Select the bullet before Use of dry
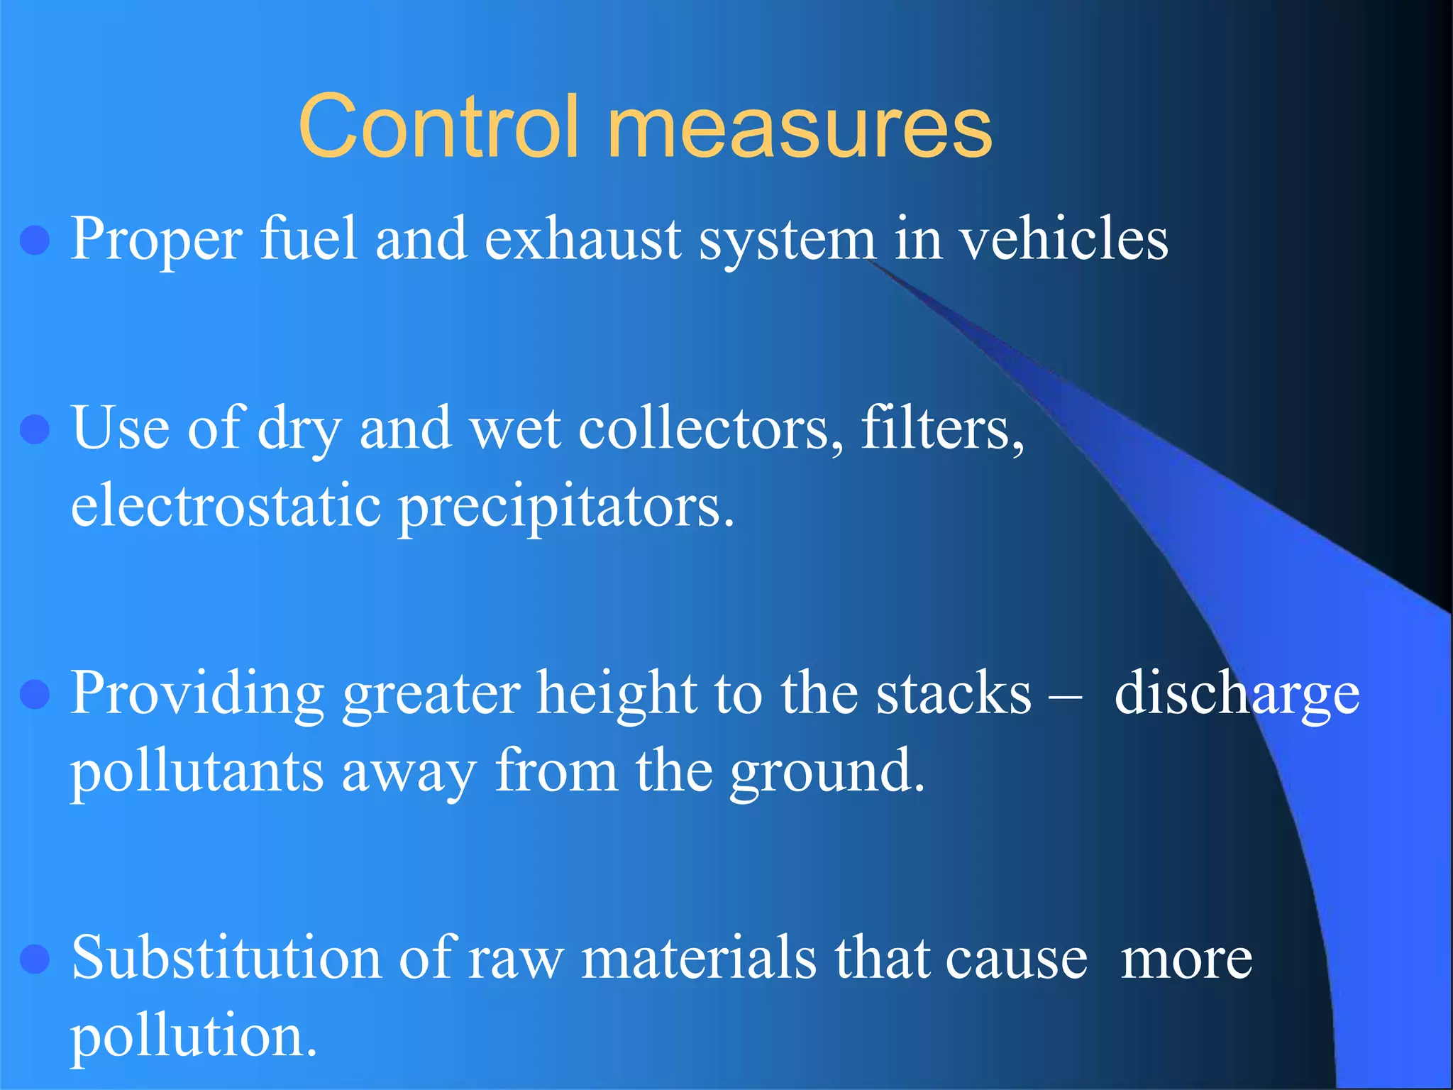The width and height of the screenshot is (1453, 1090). click(x=35, y=429)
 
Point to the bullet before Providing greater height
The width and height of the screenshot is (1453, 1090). click(x=35, y=694)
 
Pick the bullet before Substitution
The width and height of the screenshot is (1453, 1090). click(x=35, y=959)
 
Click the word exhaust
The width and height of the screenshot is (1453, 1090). click(x=583, y=240)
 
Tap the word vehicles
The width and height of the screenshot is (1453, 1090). click(x=1064, y=240)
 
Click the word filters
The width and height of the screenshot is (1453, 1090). click(x=942, y=429)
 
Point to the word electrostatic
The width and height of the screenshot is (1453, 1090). click(x=226, y=507)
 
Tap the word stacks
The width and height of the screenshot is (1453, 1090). click(x=954, y=694)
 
